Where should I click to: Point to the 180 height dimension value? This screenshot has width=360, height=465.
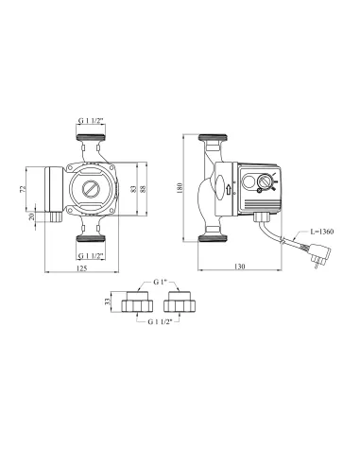pyautogui.click(x=192, y=188)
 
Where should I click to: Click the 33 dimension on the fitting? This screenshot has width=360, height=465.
pyautogui.click(x=107, y=303)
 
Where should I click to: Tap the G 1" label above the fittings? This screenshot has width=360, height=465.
pyautogui.click(x=160, y=284)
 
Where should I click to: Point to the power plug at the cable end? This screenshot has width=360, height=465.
pyautogui.click(x=309, y=254)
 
